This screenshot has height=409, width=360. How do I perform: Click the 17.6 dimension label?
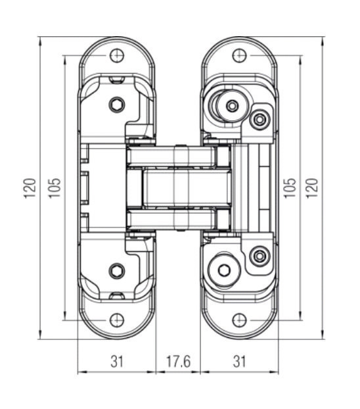(x=179, y=362)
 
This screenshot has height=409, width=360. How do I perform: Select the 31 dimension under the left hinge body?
(x=116, y=362)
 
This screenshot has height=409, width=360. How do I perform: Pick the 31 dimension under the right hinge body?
(x=239, y=362)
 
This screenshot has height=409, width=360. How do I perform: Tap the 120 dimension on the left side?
(x=30, y=188)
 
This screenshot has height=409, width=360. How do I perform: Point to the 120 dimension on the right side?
(x=311, y=188)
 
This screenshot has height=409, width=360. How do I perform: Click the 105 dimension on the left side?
(x=55, y=188)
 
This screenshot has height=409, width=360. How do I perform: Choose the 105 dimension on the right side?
(x=290, y=188)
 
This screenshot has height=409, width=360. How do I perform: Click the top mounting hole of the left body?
(x=117, y=55)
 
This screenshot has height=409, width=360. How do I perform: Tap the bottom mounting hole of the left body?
(x=117, y=320)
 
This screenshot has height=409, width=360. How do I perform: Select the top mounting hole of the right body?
(x=239, y=55)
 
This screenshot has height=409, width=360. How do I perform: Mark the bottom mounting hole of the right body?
(x=239, y=320)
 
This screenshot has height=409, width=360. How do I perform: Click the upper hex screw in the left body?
(x=116, y=105)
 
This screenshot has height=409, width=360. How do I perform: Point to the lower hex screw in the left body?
(x=116, y=271)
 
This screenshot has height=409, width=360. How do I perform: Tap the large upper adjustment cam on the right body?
(x=229, y=106)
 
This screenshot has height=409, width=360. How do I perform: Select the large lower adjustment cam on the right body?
(x=224, y=270)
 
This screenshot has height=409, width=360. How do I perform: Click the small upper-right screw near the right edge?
(x=259, y=120)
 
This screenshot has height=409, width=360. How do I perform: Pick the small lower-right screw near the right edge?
(x=259, y=256)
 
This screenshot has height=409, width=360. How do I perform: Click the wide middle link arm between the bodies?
(x=187, y=188)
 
